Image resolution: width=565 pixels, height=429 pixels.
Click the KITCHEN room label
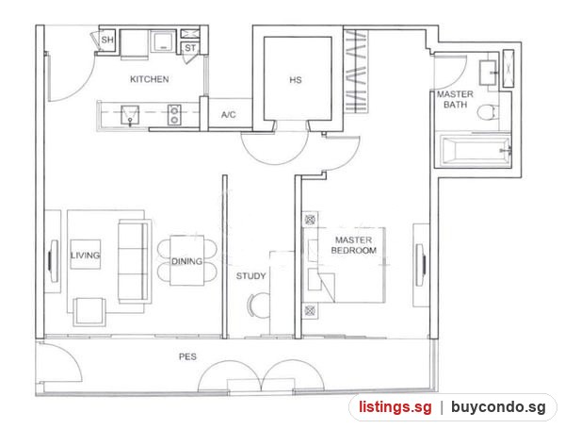(149, 79)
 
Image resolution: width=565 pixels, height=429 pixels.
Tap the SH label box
(107, 40)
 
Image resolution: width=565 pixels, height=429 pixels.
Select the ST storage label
(190, 48)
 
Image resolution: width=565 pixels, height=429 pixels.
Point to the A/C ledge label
(229, 115)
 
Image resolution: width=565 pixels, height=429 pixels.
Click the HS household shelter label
(296, 80)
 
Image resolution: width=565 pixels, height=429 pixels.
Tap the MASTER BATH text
(455, 99)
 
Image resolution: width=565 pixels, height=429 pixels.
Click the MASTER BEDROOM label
(353, 245)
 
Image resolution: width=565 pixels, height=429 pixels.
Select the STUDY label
(250, 276)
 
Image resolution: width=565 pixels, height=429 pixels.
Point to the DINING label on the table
(186, 261)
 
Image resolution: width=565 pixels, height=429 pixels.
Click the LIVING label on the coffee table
(85, 256)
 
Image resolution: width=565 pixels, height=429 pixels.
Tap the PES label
(187, 356)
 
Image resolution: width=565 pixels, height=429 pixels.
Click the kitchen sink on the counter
(130, 115)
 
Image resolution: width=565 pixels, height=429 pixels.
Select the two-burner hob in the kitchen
(174, 115)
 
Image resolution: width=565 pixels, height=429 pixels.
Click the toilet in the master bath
(488, 111)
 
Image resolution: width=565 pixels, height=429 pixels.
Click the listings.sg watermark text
(395, 407)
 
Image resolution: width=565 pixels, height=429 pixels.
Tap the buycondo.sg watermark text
(498, 407)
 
